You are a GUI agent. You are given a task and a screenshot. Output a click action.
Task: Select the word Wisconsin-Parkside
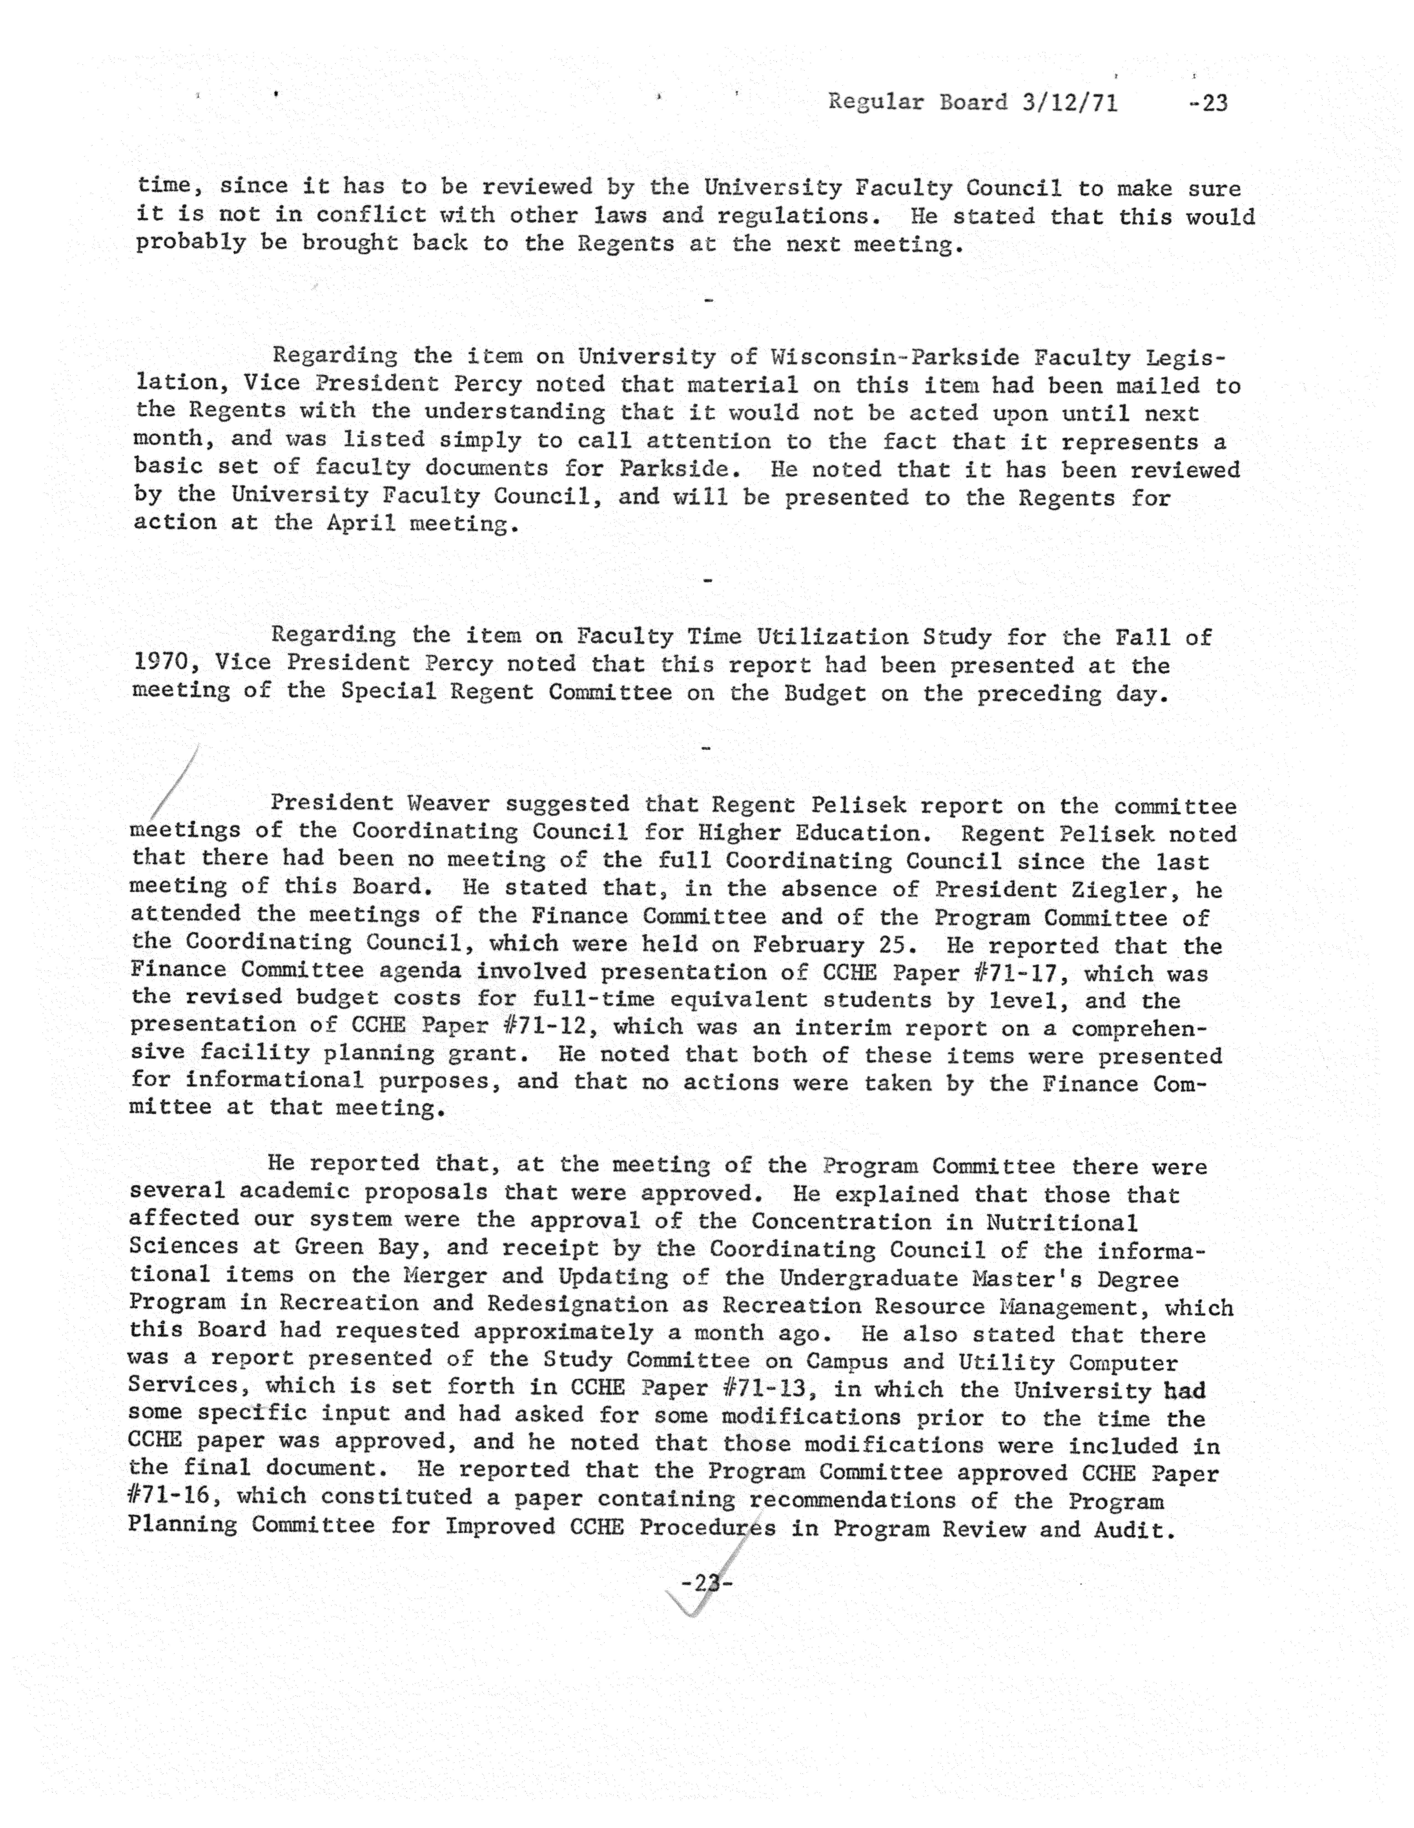click(890, 357)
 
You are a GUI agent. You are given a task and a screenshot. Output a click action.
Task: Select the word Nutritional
click(1061, 1223)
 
